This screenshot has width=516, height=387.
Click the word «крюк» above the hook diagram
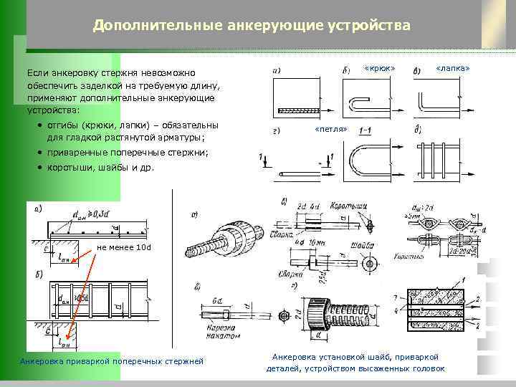[x=379, y=68]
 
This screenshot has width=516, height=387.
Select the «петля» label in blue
[x=331, y=129]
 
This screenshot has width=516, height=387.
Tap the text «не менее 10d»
[x=124, y=247]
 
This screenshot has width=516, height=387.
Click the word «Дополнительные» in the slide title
[x=148, y=26]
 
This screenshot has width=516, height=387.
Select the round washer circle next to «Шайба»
[x=371, y=263]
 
